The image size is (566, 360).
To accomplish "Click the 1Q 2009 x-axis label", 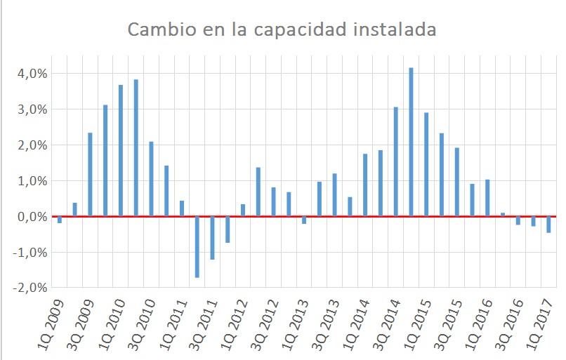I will coord(51,325).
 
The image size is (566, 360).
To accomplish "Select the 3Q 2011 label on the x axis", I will coord(203,325).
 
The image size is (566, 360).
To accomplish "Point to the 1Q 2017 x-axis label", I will coord(540,325).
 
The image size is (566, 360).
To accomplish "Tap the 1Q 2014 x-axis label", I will coord(356,325).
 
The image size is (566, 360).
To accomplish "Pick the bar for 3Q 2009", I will coord(91,175).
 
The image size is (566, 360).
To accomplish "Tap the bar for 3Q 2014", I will coord(396,161).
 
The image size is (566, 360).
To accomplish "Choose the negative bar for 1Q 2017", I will coord(548,225).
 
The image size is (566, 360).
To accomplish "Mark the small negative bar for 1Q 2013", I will coord(304,220).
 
